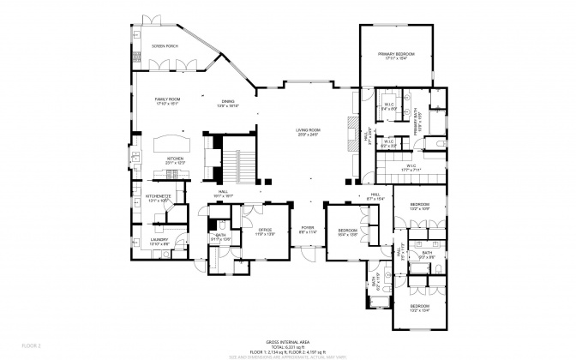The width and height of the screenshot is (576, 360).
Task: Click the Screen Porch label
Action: point(165,45)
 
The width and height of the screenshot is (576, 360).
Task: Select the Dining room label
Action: point(227,102)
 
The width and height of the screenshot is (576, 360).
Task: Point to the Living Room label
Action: point(308,132)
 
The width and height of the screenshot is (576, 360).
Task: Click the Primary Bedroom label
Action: point(396,56)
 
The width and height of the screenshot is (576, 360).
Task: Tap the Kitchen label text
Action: point(175,160)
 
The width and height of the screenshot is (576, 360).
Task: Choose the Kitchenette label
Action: point(159,197)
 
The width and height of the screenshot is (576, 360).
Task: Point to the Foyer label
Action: point(308,230)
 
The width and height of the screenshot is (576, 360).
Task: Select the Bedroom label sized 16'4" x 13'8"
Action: point(347,231)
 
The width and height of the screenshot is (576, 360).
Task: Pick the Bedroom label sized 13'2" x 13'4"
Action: point(419,307)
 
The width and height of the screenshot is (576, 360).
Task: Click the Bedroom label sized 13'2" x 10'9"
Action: point(419,206)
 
